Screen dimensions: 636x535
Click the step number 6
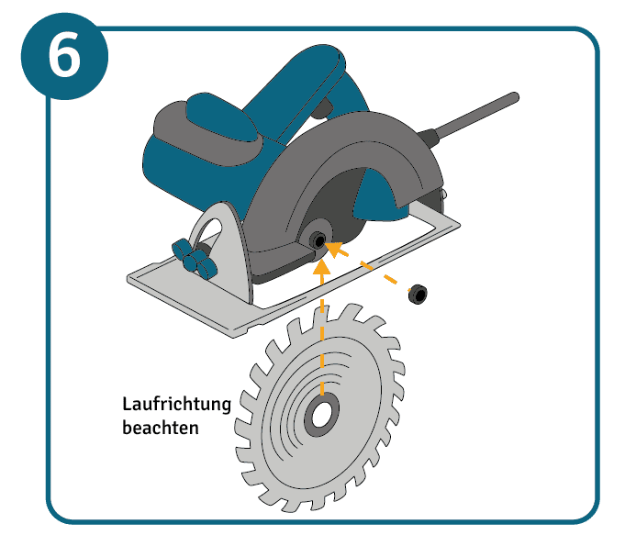click(x=64, y=56)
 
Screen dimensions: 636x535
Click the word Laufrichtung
click(x=177, y=404)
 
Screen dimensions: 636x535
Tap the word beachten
click(x=161, y=428)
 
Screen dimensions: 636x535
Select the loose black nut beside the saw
click(x=418, y=295)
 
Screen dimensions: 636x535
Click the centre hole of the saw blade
click(x=321, y=415)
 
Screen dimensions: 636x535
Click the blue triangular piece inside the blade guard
click(x=375, y=195)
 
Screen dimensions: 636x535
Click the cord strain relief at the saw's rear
click(x=428, y=137)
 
